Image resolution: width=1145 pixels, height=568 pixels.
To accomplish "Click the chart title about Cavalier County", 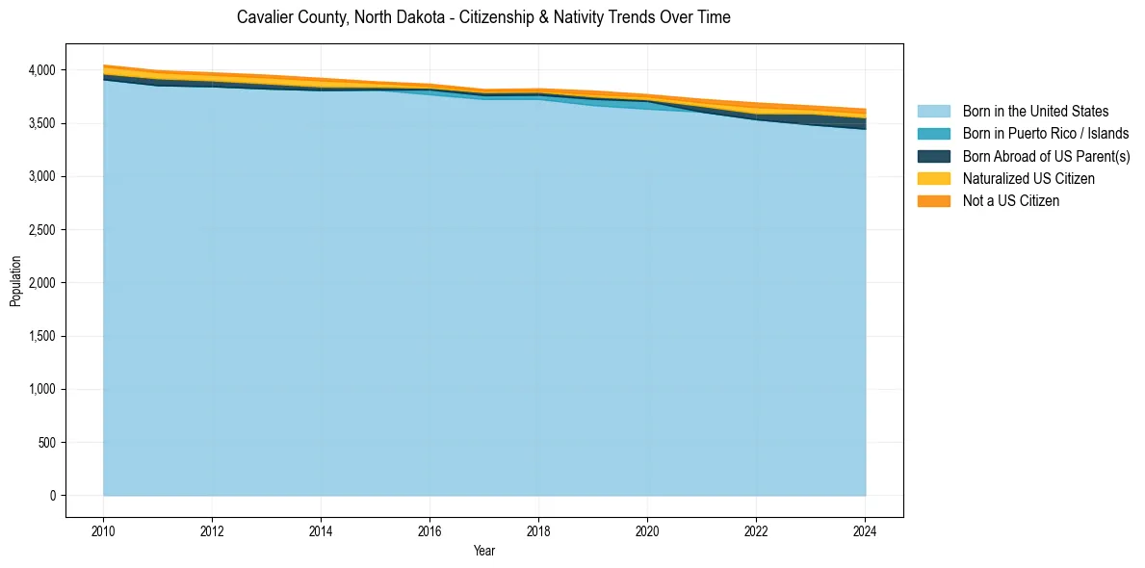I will tap(483, 17).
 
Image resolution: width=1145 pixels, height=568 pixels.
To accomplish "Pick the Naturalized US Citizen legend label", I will tap(1028, 178).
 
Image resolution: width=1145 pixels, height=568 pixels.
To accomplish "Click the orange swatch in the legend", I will tap(933, 200).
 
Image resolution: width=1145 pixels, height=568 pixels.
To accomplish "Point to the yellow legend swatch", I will tap(933, 178).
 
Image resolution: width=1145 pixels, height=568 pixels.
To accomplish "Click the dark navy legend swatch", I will tap(933, 156).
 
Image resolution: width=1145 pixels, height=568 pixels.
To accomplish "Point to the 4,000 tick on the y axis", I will tap(41, 70).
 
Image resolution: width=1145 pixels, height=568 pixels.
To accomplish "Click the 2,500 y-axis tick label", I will tap(41, 230).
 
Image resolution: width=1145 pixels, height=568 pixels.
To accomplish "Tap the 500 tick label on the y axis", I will tap(47, 443).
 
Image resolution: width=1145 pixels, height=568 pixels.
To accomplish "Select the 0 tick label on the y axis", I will tap(53, 496).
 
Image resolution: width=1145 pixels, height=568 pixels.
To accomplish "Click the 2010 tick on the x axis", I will tap(103, 529).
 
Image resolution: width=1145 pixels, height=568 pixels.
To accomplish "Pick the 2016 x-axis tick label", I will tap(429, 529).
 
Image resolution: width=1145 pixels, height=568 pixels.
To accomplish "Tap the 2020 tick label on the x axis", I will tap(647, 529).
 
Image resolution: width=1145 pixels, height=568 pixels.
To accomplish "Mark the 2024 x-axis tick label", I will tap(866, 529).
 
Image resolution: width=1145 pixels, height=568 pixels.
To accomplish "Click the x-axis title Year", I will tap(484, 551).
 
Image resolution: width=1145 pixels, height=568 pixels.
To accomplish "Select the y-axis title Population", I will tap(15, 281).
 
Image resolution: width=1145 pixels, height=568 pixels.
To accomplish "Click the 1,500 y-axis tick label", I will tap(41, 336).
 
